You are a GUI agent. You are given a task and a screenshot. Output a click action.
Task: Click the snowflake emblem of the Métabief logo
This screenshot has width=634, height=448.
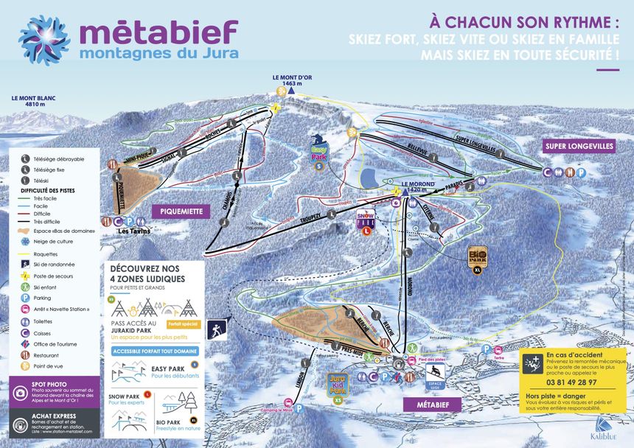[x=44, y=41]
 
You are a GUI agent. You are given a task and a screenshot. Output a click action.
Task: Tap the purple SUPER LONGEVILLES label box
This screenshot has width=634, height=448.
[x=579, y=146]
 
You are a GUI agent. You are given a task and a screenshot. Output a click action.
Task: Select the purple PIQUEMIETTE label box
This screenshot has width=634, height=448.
[x=181, y=211]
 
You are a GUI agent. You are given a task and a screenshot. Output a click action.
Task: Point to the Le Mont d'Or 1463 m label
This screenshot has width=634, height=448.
[x=288, y=80]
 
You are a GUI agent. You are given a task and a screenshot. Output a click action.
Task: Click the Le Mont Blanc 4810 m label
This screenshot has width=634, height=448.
[x=33, y=101]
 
